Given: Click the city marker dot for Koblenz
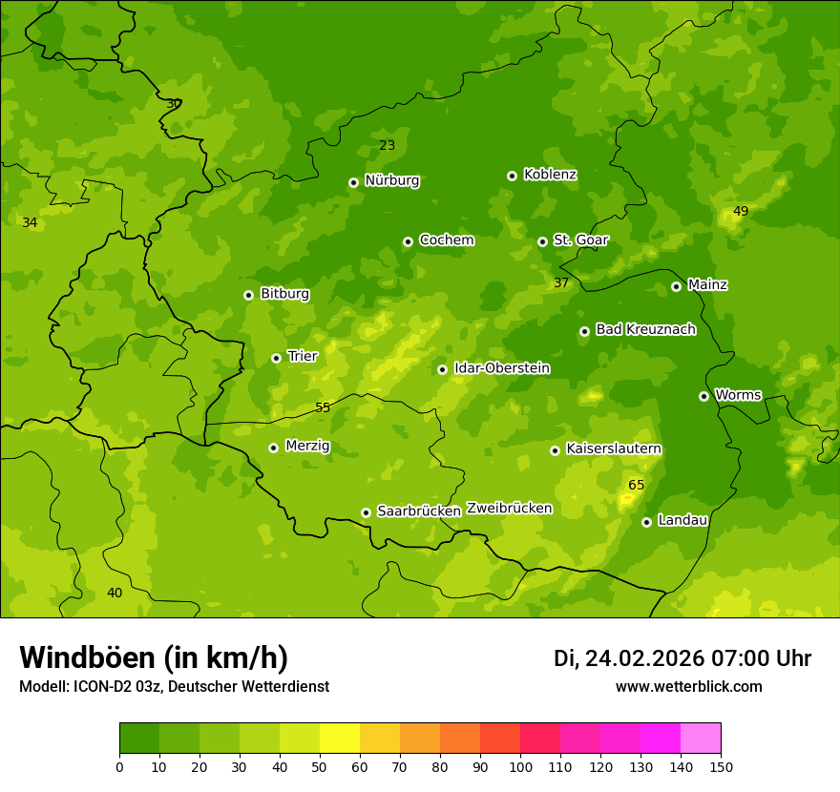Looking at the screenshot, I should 513,176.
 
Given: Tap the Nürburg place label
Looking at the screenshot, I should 392,180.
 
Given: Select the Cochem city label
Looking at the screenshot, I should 446,240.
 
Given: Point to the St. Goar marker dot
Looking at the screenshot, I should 542,241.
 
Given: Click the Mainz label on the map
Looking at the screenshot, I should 707,285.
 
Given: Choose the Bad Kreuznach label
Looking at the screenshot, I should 645,329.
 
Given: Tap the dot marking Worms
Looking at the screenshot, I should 703,396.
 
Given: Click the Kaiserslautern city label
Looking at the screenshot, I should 614,448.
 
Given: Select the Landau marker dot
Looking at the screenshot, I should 646,522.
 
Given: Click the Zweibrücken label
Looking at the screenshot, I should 509,509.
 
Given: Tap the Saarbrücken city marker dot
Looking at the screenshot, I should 366,512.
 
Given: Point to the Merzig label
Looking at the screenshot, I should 307,447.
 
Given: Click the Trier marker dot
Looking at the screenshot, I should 276,358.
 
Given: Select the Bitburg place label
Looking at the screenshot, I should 284,294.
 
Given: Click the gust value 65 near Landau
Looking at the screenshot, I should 636,486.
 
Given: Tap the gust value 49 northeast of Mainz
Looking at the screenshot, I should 741,212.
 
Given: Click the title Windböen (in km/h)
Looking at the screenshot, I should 154,657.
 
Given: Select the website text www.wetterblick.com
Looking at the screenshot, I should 688,687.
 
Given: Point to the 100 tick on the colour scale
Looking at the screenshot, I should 520,766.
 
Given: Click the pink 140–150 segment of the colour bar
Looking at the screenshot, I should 701,739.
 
